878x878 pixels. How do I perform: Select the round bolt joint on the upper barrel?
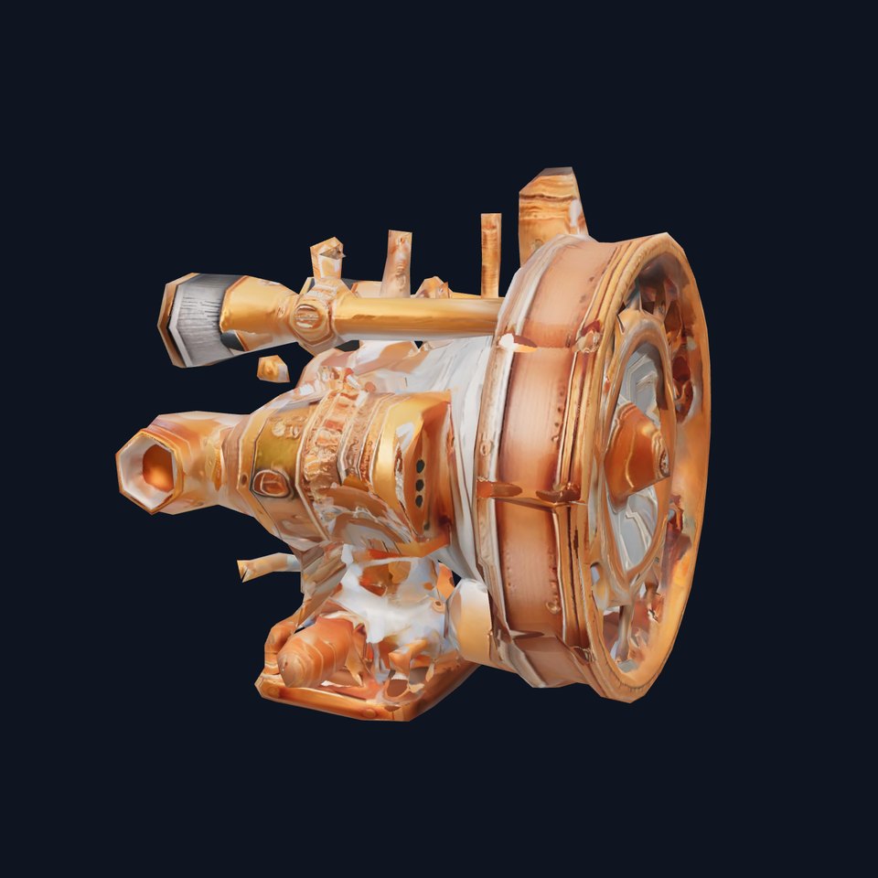tap(309, 317)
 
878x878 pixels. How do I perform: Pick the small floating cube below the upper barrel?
tap(273, 369)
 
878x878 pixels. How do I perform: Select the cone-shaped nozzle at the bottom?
tap(316, 655)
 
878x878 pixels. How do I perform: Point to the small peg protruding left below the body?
tap(261, 566)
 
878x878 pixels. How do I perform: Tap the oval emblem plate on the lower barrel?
tap(272, 483)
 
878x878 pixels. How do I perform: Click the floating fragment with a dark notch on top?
tap(327, 257)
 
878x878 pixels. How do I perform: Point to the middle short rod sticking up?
tap(397, 260)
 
